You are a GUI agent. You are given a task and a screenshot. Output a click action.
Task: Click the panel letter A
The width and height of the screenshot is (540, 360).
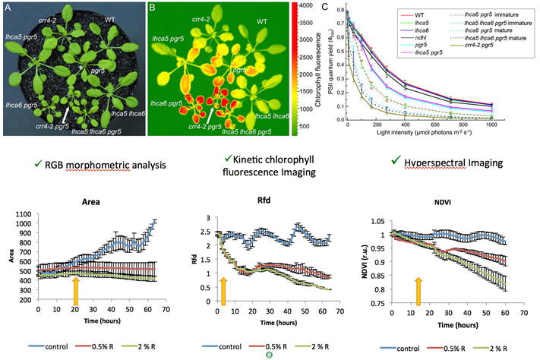click(10, 9)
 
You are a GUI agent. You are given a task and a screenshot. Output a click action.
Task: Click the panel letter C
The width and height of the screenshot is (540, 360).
click(326, 7)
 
